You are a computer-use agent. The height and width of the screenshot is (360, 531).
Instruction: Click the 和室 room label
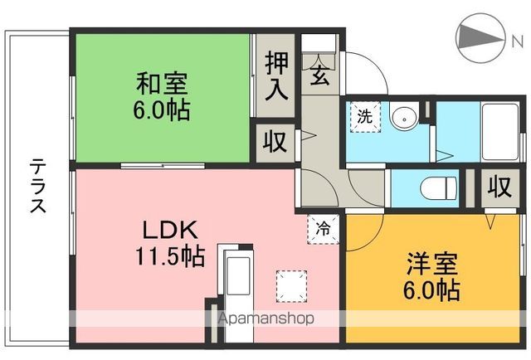tap(163, 84)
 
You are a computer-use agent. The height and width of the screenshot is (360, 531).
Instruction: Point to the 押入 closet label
tap(276, 76)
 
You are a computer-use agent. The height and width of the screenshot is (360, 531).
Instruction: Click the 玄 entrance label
tap(319, 76)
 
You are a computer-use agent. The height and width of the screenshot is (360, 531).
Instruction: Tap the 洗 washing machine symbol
tap(365, 116)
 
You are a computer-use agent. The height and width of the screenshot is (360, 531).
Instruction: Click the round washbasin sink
tap(404, 119)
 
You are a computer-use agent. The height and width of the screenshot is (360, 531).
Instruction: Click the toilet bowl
tap(439, 187)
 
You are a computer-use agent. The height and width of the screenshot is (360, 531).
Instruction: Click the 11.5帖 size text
tap(170, 256)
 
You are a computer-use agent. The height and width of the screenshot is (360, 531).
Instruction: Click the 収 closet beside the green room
tap(275, 141)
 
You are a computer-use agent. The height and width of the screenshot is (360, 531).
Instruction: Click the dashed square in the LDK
tap(290, 285)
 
